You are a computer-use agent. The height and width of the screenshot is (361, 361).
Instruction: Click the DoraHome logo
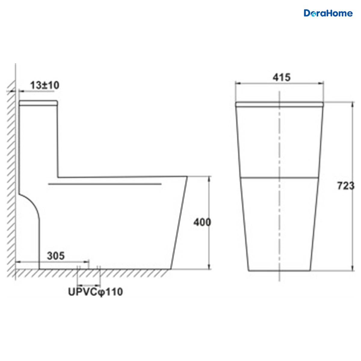[328, 13]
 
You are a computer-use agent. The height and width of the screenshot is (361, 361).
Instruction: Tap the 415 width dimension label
[281, 77]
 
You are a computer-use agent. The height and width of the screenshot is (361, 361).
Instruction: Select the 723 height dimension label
[346, 186]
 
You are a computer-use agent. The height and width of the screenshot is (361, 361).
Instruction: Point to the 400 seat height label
[202, 222]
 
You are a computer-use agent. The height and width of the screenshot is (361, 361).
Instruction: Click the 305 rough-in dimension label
[56, 256]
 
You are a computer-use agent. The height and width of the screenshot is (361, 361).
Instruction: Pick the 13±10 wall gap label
[45, 85]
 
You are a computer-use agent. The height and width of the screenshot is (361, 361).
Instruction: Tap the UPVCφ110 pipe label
[95, 292]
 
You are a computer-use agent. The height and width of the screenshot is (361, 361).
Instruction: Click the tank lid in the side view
[39, 103]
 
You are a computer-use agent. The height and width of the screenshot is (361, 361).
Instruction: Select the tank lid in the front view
[279, 104]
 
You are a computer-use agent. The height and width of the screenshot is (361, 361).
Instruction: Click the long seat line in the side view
[105, 184]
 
